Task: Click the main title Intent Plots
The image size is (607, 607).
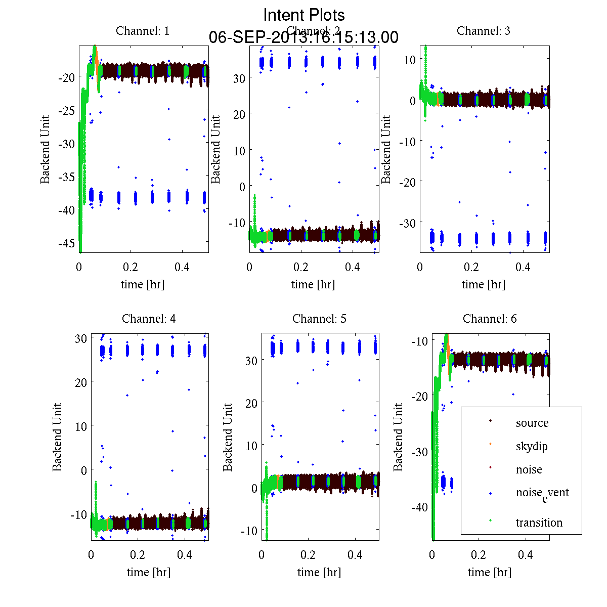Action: [x=304, y=15]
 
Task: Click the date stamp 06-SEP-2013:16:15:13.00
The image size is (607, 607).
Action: [x=303, y=37]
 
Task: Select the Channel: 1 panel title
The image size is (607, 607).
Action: [x=143, y=31]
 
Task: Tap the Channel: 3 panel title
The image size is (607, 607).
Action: [x=484, y=31]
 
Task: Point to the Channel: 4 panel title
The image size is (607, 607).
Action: [x=149, y=319]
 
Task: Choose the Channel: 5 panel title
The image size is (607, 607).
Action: [x=319, y=319]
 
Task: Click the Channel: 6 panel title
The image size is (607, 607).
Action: [x=490, y=319]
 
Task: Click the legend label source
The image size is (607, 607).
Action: [x=532, y=423]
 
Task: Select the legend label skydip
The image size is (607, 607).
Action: [x=532, y=446]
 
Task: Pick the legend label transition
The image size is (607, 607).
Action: [x=539, y=523]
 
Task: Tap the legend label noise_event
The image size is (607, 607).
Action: [x=542, y=493]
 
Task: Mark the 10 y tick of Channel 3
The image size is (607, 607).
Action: [x=409, y=59]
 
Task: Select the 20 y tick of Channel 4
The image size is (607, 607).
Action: [x=80, y=382]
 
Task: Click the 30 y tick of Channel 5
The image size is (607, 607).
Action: [x=251, y=360]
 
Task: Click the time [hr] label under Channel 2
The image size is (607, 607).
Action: [x=313, y=284]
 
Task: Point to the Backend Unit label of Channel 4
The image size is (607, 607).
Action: [x=57, y=437]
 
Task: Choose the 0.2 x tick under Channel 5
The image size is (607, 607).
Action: [x=308, y=555]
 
